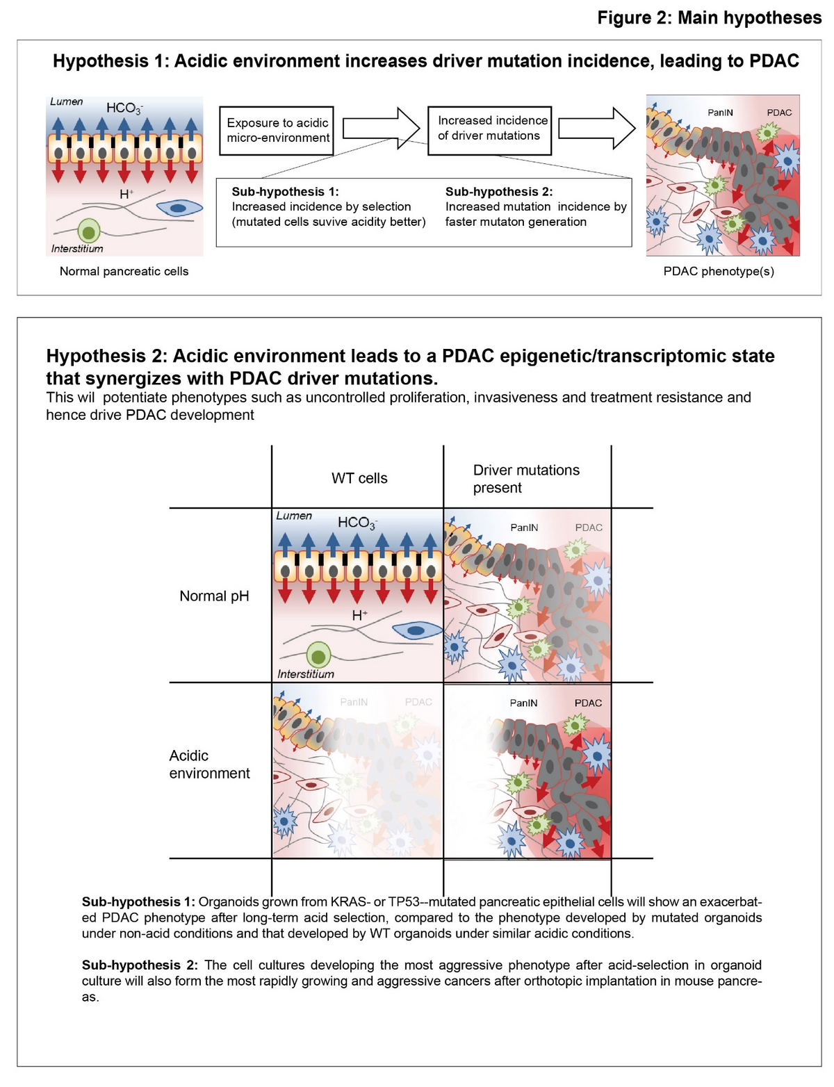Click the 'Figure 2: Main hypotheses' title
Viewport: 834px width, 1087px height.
pyautogui.click(x=709, y=17)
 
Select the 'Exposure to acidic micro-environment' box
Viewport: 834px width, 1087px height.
pyautogui.click(x=277, y=130)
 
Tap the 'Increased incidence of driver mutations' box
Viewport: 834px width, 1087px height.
pyautogui.click(x=489, y=129)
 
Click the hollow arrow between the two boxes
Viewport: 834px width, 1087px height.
pyautogui.click(x=382, y=128)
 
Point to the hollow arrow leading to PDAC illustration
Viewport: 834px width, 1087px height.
pyautogui.click(x=597, y=128)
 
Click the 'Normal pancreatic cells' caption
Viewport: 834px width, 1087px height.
pyautogui.click(x=124, y=271)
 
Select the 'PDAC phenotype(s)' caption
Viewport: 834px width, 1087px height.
pyautogui.click(x=719, y=271)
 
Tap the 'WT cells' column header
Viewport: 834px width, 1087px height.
pyautogui.click(x=359, y=478)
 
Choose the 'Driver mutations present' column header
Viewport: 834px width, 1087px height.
pyautogui.click(x=526, y=479)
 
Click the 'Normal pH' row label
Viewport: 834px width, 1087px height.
pyautogui.click(x=214, y=596)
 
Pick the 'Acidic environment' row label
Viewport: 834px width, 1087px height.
pyautogui.click(x=209, y=765)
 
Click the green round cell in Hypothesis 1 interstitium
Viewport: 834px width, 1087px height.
pyautogui.click(x=88, y=230)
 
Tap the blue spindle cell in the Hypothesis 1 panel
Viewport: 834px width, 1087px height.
pyautogui.click(x=179, y=207)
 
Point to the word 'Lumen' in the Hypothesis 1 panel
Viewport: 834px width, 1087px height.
pyautogui.click(x=67, y=101)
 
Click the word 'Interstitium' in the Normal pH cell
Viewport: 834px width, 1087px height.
pyautogui.click(x=306, y=673)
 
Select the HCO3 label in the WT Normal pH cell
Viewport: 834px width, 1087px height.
pyautogui.click(x=357, y=523)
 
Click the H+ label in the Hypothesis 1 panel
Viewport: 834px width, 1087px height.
pyautogui.click(x=126, y=194)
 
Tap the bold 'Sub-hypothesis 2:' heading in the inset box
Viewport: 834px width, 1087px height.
pyautogui.click(x=499, y=192)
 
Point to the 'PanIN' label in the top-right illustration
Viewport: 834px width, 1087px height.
pyautogui.click(x=720, y=113)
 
